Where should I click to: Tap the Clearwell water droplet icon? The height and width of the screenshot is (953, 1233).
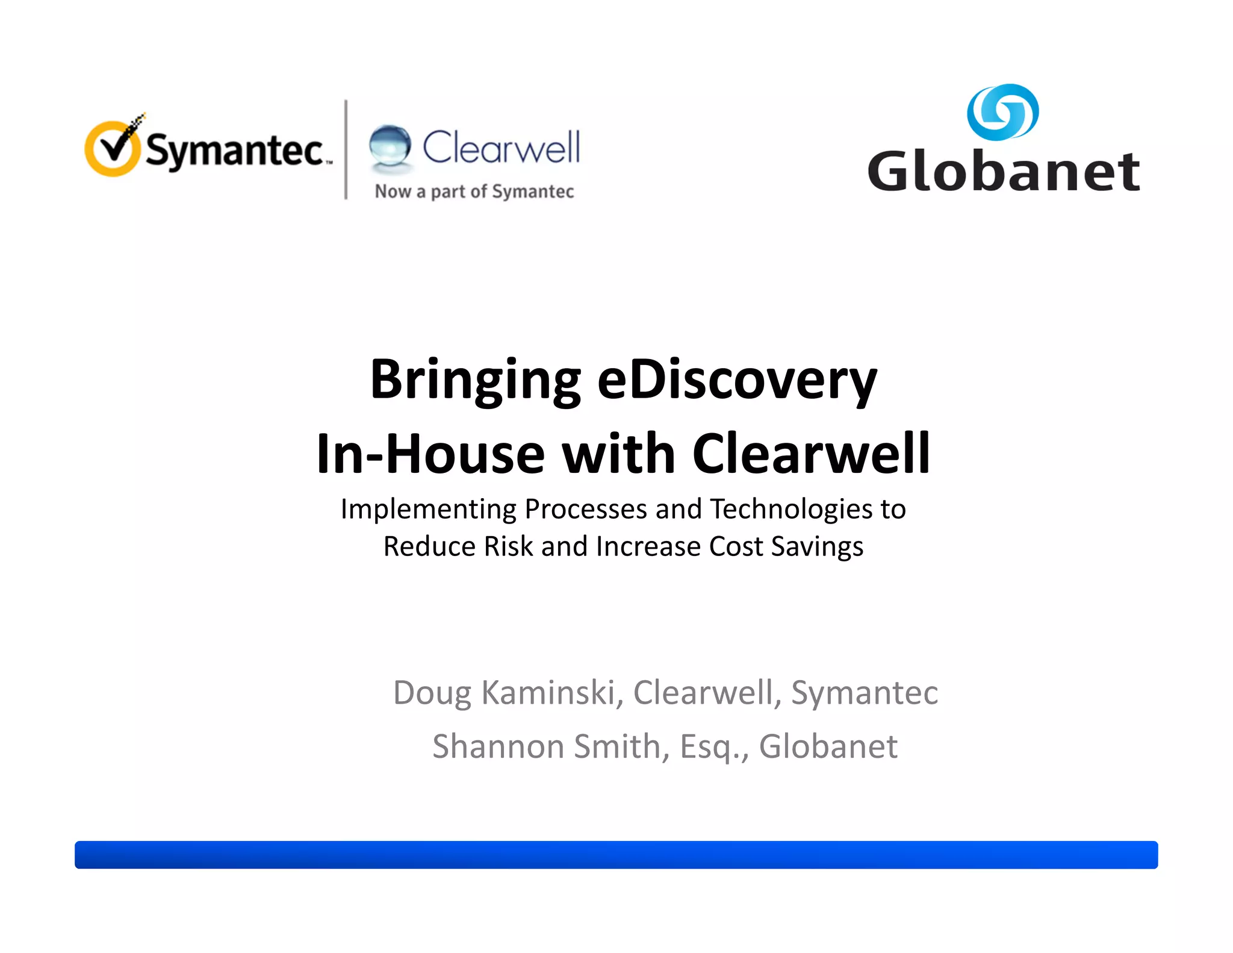[390, 145]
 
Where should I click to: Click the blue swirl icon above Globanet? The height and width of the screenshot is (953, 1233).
[1002, 112]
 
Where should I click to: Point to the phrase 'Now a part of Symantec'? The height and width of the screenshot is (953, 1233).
[474, 192]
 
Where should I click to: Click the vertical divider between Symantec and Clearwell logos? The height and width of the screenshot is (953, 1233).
[346, 149]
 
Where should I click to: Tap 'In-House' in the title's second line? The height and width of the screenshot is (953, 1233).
[430, 454]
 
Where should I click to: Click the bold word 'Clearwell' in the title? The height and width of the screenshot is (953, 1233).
[811, 454]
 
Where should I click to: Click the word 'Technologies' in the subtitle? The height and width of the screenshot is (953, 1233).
[791, 509]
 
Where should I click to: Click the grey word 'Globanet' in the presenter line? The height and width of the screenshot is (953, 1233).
[828, 747]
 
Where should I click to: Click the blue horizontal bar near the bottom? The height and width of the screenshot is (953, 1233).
[616, 855]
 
